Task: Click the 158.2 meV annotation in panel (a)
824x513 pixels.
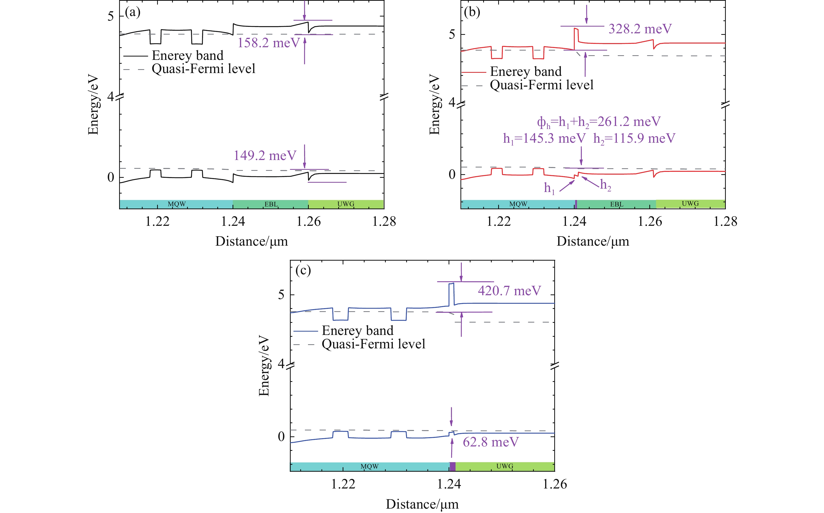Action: pos(269,43)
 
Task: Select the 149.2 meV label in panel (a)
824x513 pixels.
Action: pos(265,156)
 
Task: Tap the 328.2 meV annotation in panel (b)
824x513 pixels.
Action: pos(640,29)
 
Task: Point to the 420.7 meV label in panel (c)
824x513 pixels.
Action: pos(509,291)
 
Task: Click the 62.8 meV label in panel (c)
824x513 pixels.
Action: pos(491,442)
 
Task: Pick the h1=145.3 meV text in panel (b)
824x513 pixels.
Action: pos(544,138)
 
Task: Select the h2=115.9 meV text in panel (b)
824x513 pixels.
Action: pos(634,138)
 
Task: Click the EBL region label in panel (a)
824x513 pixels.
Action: pos(271,204)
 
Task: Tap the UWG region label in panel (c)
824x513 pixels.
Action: pos(505,466)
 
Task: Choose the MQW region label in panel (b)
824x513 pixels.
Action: pos(518,204)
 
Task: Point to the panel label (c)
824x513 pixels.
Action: pos(303,270)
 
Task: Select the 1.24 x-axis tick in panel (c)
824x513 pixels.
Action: pos(449,484)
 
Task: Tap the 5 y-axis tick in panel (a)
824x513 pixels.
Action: pos(111,16)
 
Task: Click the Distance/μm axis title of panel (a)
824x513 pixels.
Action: pos(251,242)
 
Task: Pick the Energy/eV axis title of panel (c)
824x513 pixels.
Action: pos(264,365)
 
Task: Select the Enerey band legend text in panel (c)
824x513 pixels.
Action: pos(357,331)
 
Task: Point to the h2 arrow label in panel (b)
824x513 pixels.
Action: pos(605,185)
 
